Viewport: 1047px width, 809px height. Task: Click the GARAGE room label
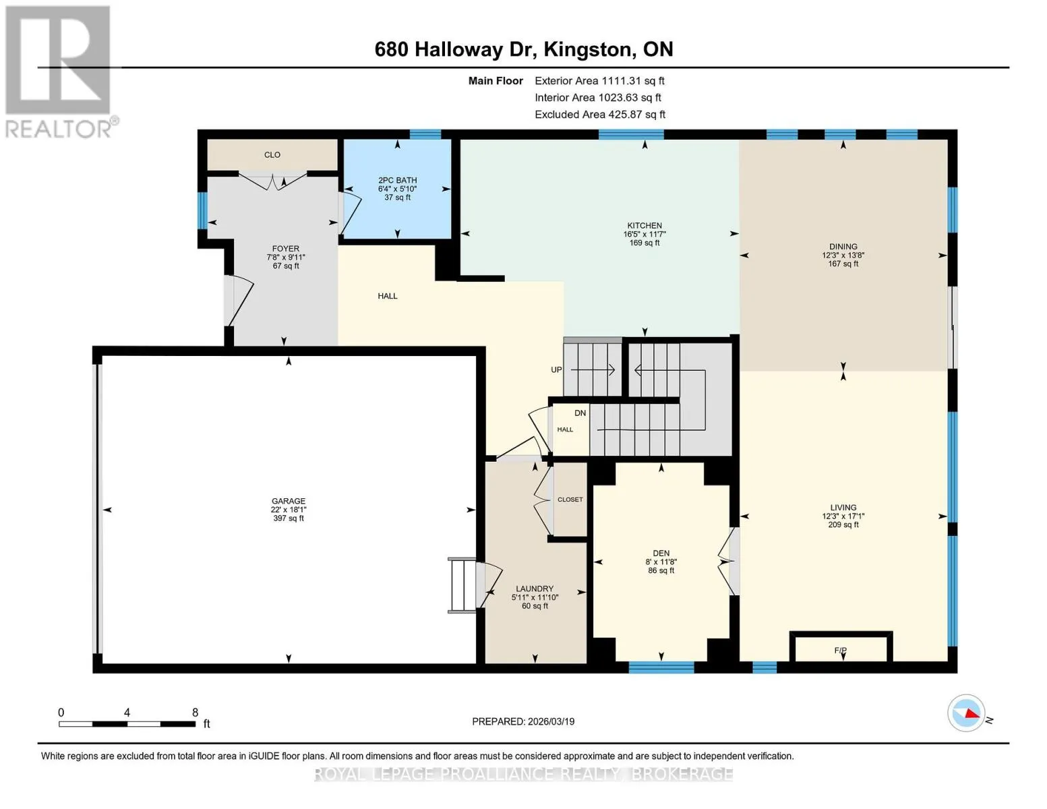pyautogui.click(x=288, y=501)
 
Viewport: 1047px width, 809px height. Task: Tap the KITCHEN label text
pyautogui.click(x=645, y=225)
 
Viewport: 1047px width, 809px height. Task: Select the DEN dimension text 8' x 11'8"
pyautogui.click(x=661, y=562)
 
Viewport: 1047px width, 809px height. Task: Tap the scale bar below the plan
pyautogui.click(x=127, y=724)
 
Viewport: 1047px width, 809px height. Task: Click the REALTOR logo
pyautogui.click(x=60, y=71)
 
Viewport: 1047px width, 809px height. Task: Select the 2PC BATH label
pyautogui.click(x=398, y=180)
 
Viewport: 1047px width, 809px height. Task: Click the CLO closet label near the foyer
pyautogui.click(x=272, y=154)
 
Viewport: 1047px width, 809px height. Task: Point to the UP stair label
pyautogui.click(x=556, y=370)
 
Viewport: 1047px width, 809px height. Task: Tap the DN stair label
pyautogui.click(x=580, y=413)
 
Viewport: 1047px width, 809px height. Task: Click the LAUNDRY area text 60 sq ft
pyautogui.click(x=535, y=606)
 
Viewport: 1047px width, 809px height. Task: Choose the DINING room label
pyautogui.click(x=843, y=247)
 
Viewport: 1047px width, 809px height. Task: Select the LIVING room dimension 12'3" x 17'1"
pyautogui.click(x=843, y=516)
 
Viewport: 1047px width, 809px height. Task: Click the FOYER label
pyautogui.click(x=286, y=249)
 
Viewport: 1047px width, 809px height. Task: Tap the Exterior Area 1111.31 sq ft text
pyautogui.click(x=599, y=81)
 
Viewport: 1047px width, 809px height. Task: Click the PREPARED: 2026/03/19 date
pyautogui.click(x=523, y=721)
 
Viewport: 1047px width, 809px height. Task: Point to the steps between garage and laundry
pyautogui.click(x=462, y=585)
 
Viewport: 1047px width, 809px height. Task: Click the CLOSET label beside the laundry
pyautogui.click(x=570, y=500)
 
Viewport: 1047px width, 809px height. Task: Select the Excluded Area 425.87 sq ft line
pyautogui.click(x=600, y=115)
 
